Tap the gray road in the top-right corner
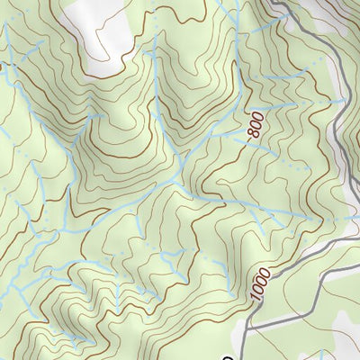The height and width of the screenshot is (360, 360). point(310,36)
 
